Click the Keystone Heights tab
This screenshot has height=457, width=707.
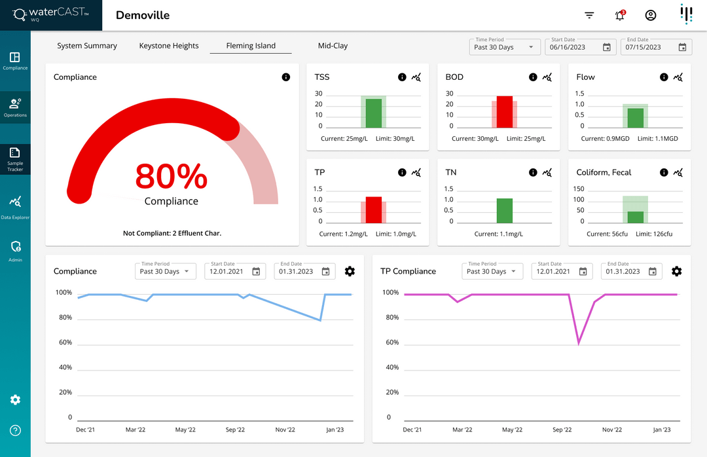(169, 46)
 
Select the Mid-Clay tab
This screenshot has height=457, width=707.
(333, 46)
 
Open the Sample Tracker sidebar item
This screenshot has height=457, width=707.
(15, 159)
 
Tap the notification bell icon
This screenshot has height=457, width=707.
(620, 16)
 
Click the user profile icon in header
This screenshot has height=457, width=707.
(650, 16)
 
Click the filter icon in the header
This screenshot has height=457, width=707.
(589, 16)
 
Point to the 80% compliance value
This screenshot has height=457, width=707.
(171, 177)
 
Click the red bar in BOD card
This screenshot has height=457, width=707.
(504, 112)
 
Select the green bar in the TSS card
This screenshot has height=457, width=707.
(373, 113)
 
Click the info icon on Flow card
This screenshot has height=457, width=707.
(664, 77)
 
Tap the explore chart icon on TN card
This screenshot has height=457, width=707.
(547, 173)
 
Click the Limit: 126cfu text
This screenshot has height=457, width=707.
(655, 234)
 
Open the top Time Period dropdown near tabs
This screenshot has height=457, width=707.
(505, 47)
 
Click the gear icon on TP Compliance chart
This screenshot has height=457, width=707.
(677, 271)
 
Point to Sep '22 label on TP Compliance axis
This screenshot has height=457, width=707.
(562, 430)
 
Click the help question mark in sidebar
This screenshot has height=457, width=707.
(15, 430)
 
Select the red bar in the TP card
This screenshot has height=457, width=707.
(373, 210)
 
